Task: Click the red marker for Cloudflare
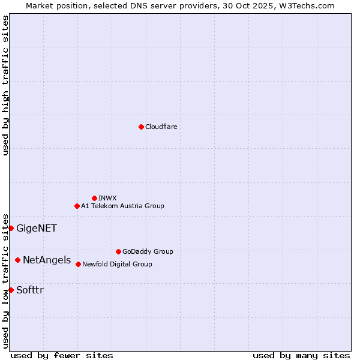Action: (x=141, y=127)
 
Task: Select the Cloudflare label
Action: (x=161, y=127)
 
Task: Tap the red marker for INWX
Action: (x=94, y=198)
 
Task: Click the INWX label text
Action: (x=107, y=198)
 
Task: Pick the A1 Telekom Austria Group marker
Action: (x=77, y=206)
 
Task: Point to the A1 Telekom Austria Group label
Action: (x=122, y=206)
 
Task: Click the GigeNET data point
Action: (x=11, y=228)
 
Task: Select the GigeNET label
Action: (x=37, y=229)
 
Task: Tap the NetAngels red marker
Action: (x=18, y=260)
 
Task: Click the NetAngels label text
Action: (x=47, y=260)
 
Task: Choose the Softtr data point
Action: (x=11, y=290)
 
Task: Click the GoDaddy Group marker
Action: (x=118, y=251)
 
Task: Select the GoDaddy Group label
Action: (x=148, y=252)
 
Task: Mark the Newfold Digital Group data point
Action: (x=78, y=264)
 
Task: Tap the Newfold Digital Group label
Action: (x=117, y=265)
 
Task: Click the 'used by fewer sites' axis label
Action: (x=62, y=356)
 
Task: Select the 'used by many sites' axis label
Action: (x=301, y=356)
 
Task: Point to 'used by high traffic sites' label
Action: (x=5, y=85)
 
